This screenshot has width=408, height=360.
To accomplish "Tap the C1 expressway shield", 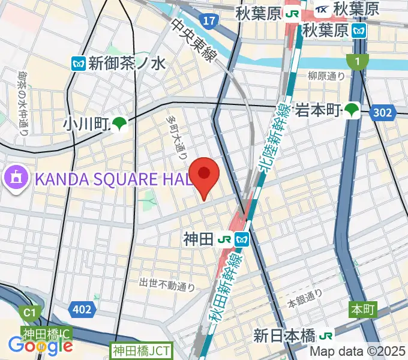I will point(28,313).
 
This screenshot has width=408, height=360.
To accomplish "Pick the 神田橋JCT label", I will point(141,350).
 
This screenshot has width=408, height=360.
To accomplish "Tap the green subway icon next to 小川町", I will point(119,124).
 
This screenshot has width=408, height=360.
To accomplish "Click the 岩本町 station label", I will point(318,110).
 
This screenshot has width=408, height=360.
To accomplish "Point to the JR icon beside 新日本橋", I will point(327,335).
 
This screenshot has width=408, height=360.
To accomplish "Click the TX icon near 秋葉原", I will point(322,10).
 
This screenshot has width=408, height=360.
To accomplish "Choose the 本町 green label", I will point(362,310).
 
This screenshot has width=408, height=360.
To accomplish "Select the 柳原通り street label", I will point(326,76).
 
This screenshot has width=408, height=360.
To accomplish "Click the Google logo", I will point(40,345).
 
